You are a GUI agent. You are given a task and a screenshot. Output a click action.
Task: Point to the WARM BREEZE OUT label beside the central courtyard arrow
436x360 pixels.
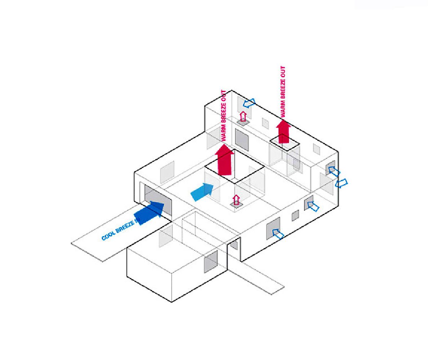click(224, 115)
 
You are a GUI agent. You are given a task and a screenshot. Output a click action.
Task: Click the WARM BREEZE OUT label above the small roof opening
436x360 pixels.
click(283, 91)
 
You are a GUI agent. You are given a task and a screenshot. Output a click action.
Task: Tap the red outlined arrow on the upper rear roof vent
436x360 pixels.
click(243, 116)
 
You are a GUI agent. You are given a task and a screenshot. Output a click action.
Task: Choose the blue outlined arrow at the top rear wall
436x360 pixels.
click(249, 103)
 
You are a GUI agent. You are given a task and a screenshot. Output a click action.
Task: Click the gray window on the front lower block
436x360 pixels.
click(211, 262)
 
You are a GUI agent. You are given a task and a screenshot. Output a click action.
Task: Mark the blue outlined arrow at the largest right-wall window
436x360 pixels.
click(278, 234)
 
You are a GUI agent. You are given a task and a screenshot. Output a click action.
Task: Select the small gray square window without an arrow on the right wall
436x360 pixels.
click(295, 215)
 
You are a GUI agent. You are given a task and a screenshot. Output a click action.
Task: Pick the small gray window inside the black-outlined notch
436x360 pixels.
click(234, 245)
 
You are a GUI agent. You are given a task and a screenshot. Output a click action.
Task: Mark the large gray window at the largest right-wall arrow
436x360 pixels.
click(273, 228)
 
